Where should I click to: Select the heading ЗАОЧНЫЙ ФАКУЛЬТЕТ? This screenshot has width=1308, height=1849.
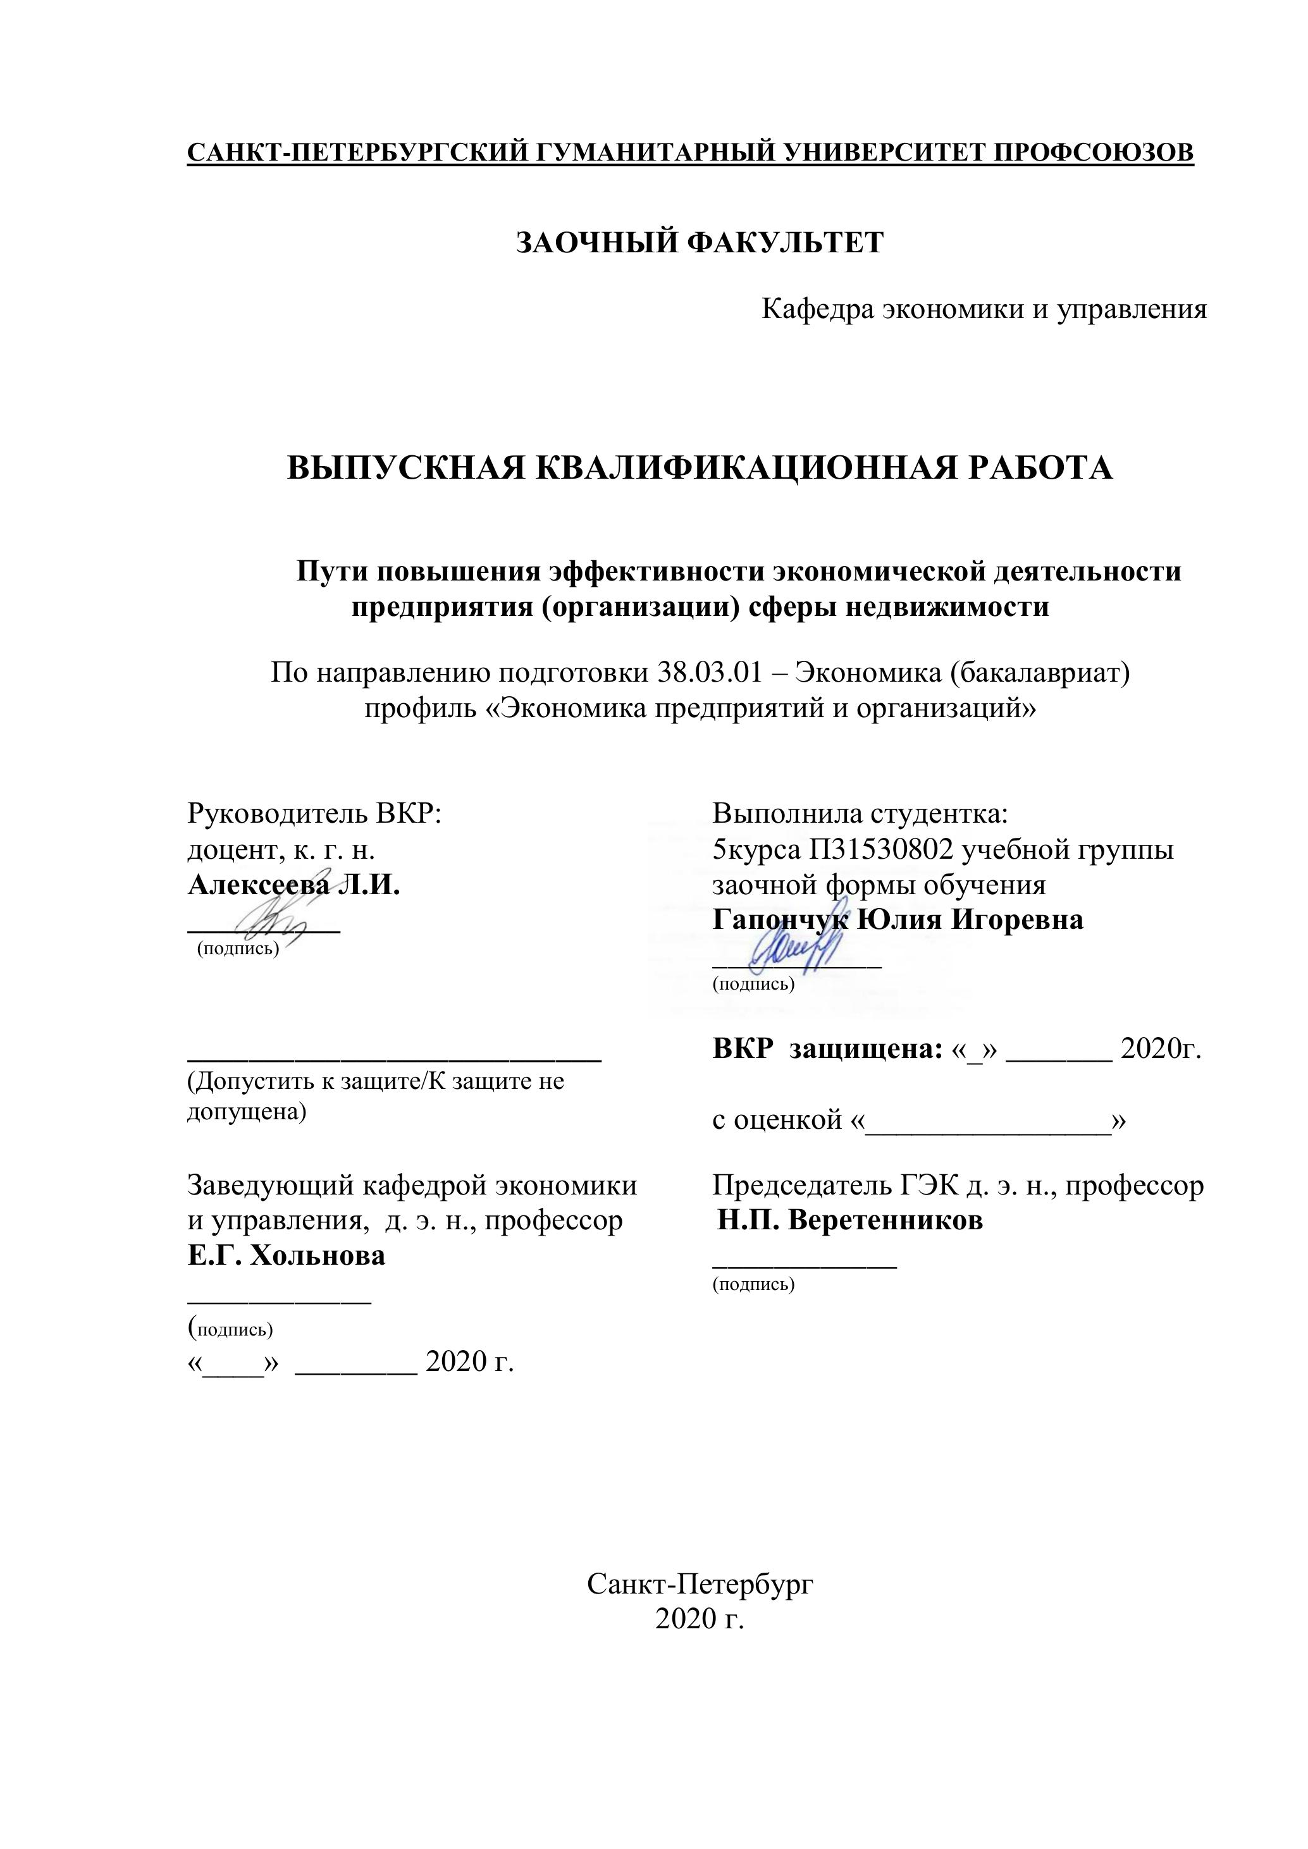699,242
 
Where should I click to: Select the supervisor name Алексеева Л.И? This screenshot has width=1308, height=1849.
293,885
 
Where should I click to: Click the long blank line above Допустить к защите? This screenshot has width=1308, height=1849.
394,1058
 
